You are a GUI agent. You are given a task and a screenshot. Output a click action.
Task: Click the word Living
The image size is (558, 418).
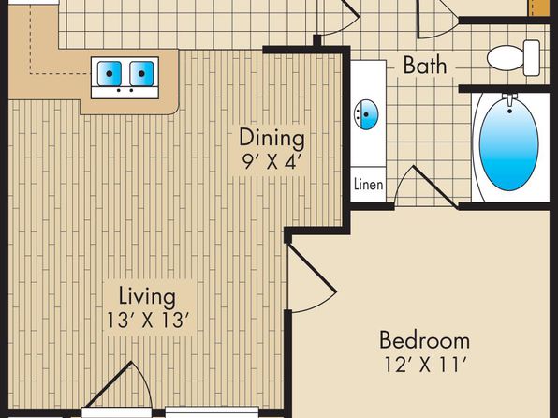coord(147,296)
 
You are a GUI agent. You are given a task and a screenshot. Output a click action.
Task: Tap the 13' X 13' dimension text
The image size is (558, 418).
coord(147,320)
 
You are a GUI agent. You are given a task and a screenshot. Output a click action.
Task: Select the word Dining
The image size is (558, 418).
coord(272,138)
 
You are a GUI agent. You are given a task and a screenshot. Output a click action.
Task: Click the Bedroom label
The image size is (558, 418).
coord(424,340)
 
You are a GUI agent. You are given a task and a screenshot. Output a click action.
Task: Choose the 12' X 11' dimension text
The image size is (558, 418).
coord(425,365)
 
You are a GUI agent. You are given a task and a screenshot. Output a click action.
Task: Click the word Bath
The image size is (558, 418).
coord(424,65)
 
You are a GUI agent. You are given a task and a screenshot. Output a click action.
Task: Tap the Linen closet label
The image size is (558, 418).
coord(369,185)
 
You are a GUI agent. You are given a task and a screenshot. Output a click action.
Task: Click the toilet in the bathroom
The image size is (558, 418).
coord(513,58)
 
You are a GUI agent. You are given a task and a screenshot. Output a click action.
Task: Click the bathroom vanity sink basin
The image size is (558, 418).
coord(366,114)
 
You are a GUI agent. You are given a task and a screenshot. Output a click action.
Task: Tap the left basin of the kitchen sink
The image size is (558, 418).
coord(110,73)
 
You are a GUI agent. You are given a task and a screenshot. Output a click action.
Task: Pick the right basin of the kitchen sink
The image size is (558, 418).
coord(141,73)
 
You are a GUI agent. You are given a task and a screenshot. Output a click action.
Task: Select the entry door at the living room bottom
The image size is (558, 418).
coord(119,385)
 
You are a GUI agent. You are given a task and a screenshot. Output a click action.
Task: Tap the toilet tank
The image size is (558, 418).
coord(532,58)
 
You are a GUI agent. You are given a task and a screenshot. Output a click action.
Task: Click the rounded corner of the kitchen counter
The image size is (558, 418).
coord(173,110)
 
